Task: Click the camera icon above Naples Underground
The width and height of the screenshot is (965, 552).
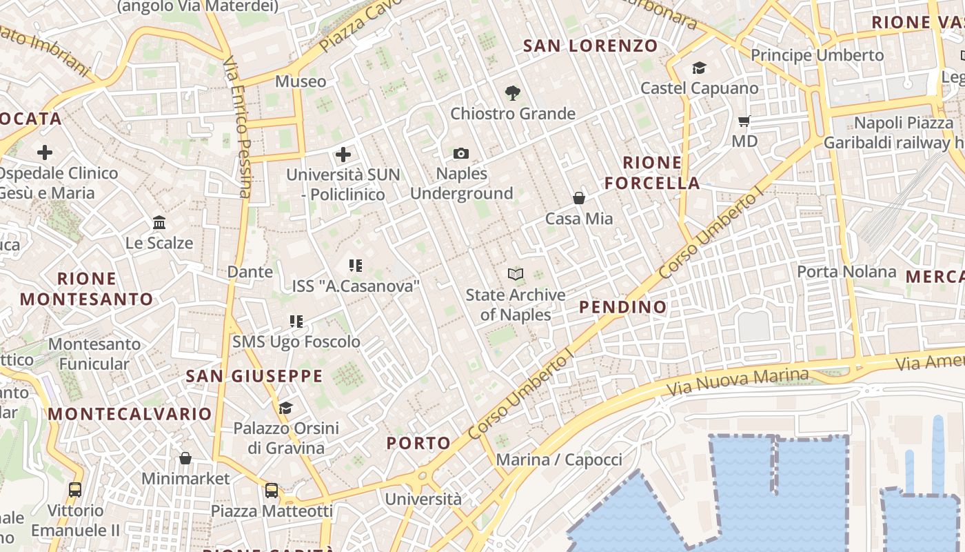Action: point(461,153)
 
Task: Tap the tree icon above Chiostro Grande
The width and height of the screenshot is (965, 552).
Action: point(512,92)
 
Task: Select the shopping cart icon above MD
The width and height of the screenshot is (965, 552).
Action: point(744,121)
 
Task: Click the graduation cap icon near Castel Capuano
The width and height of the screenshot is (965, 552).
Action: point(699,68)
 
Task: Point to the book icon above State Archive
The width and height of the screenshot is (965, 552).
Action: point(515,274)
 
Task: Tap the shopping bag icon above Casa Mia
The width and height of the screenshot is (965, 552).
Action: point(579,198)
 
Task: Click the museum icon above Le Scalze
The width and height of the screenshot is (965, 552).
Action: point(159,222)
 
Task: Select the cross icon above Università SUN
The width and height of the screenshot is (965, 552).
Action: point(343,155)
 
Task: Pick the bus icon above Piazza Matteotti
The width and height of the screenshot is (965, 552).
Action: point(272,491)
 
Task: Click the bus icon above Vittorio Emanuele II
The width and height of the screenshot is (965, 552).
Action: point(75,490)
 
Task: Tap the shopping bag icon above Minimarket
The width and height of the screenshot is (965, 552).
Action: point(185,458)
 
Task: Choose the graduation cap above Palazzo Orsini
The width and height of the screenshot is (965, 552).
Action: point(285,408)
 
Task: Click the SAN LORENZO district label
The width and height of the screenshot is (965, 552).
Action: point(590,46)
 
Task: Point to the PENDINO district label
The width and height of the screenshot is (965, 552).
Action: point(623,307)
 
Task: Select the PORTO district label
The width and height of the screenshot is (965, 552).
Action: point(418,443)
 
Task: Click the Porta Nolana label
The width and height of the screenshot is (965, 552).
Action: point(846,271)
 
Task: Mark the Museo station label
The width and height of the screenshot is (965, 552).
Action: point(301,81)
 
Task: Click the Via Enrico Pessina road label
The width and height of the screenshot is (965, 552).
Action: point(236,128)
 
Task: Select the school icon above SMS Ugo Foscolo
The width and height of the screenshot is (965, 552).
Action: point(296,321)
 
